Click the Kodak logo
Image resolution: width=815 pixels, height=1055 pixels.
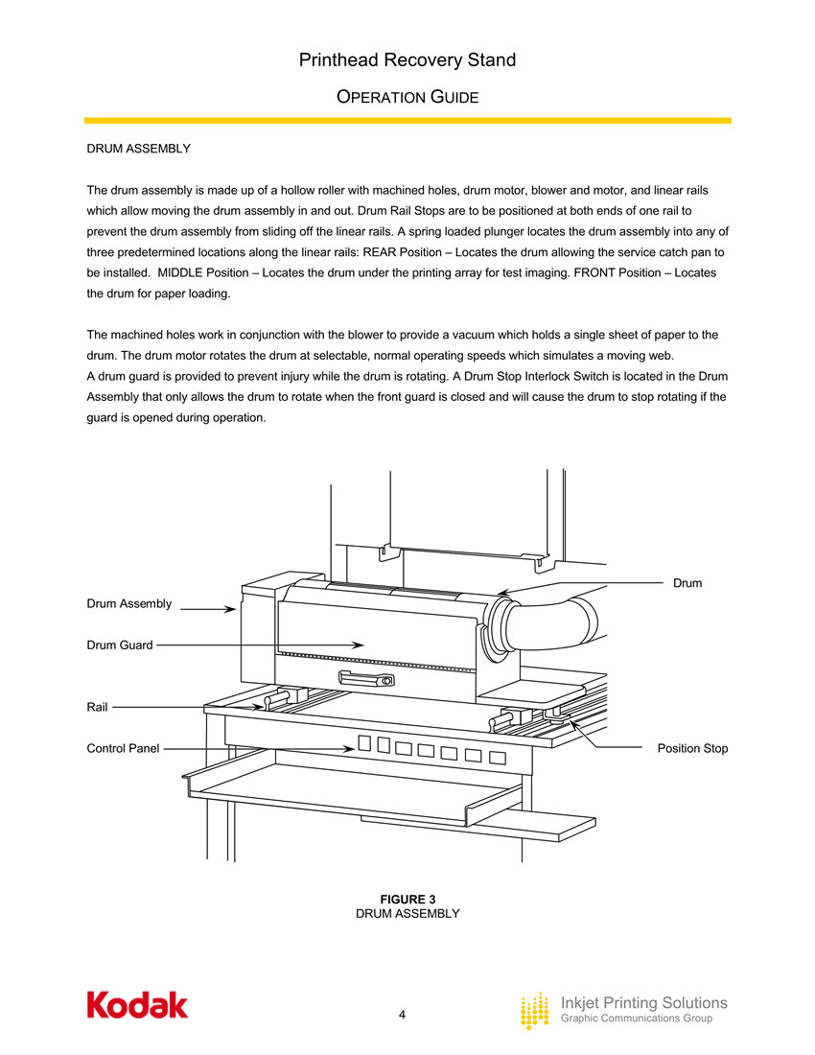[x=137, y=1004]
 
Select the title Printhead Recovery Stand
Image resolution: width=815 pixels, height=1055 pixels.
[x=407, y=60]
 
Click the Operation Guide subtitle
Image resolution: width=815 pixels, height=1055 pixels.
[x=407, y=98]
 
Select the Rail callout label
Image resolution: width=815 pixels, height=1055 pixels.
[x=97, y=707]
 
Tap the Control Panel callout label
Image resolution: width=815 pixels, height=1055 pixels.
[x=123, y=748]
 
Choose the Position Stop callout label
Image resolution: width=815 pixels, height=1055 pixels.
[x=692, y=748]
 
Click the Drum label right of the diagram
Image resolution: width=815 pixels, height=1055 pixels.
[x=687, y=582]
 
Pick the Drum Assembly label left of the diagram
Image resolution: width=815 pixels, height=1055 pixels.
[x=129, y=603]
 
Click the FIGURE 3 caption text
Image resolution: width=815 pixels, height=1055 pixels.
[x=407, y=899]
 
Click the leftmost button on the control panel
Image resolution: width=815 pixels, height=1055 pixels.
[x=363, y=743]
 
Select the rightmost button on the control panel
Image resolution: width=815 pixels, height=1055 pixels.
[x=497, y=757]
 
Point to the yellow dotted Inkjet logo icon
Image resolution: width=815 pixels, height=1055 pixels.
[x=534, y=1011]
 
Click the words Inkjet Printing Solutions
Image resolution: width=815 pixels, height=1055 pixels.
[x=643, y=1003]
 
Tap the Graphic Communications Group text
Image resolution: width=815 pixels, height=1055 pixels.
[x=636, y=1019]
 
